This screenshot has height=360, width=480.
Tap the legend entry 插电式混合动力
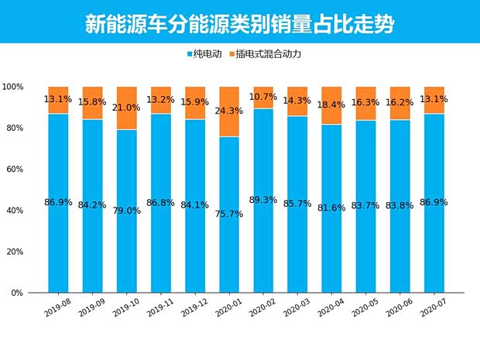coord(266,55)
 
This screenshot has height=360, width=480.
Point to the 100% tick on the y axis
coord(13,87)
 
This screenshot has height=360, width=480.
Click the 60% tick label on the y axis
coord(13,170)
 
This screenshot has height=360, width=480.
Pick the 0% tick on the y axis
coord(15,293)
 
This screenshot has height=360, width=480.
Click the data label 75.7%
coord(229,214)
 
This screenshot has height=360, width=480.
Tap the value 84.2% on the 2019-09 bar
coord(92,206)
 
